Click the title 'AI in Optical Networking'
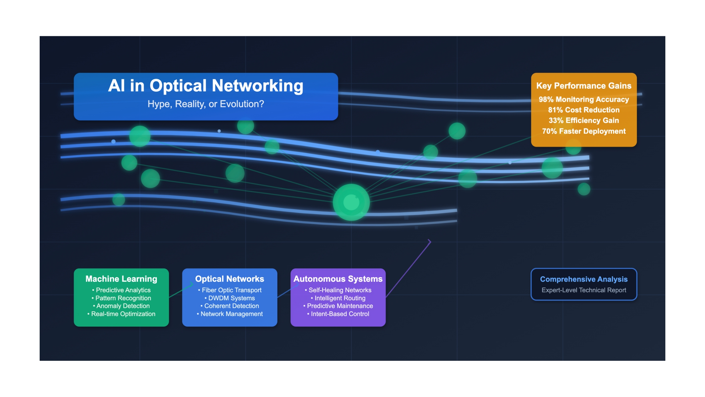(x=206, y=86)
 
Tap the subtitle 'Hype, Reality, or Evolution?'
(x=206, y=104)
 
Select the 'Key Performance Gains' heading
(x=584, y=86)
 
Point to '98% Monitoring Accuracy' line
(x=584, y=100)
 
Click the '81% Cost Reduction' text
(x=584, y=110)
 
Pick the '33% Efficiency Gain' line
(x=584, y=120)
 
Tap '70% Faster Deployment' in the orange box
(x=584, y=131)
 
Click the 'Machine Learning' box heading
(x=121, y=279)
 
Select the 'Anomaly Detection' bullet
(x=121, y=306)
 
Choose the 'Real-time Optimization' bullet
(x=121, y=314)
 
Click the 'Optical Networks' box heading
(x=229, y=279)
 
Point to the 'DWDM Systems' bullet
(x=230, y=298)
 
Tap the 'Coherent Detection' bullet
(x=230, y=306)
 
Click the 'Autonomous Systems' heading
(x=338, y=279)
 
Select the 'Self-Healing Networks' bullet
(x=338, y=290)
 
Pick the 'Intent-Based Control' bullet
(x=338, y=314)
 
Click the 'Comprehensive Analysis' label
(x=584, y=279)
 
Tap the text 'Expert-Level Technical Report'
(x=584, y=290)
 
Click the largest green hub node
(x=351, y=202)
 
